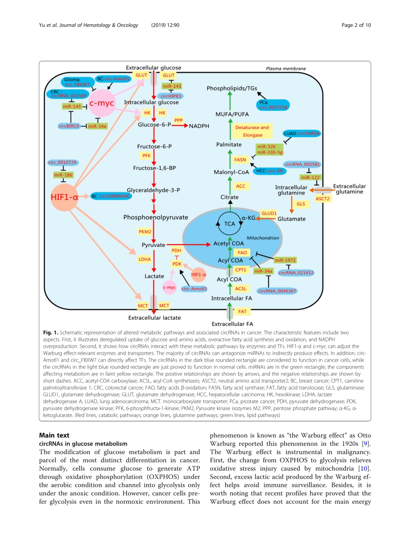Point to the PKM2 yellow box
[145, 232]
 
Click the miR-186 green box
[63, 175]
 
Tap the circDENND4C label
[111, 196]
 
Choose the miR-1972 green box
[285, 260]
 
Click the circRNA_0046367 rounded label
[277, 291]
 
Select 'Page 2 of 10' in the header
[356, 25]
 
